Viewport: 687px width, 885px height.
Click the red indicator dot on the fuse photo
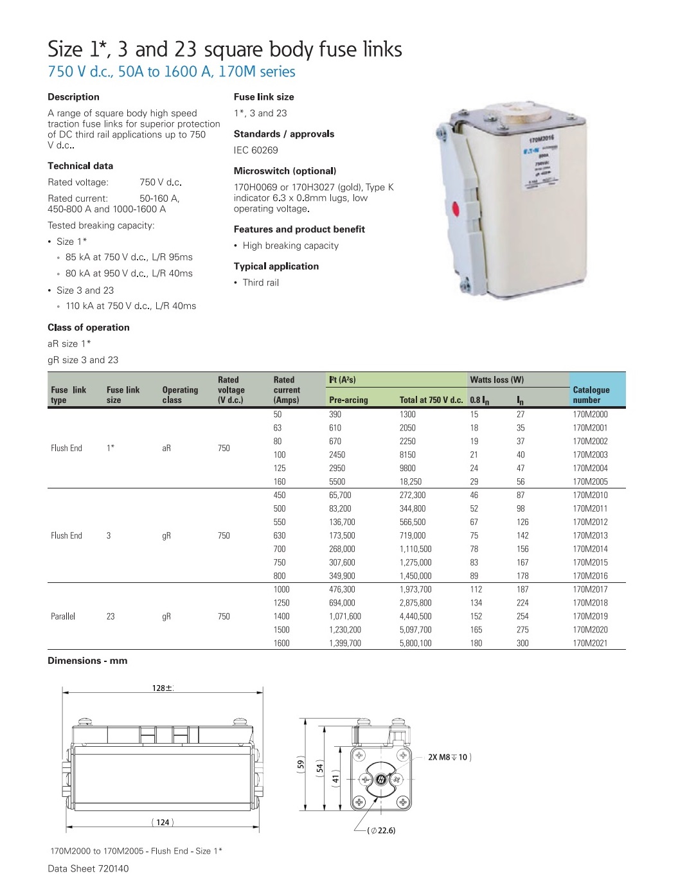456,209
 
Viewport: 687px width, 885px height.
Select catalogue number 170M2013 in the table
589,535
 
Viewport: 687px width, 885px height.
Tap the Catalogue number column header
591,395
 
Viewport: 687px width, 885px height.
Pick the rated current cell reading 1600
281,643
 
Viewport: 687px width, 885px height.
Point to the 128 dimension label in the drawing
162,688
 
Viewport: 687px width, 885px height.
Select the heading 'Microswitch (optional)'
285,171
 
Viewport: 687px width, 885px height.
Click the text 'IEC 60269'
256,150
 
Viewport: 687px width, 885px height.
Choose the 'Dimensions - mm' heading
87,661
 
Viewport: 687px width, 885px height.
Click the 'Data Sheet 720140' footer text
88,868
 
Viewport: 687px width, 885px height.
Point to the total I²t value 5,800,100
415,643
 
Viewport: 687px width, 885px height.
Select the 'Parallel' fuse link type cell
63,616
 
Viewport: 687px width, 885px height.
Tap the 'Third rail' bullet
260,283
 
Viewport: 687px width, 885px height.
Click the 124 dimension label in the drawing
163,822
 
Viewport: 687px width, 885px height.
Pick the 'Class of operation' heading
89,327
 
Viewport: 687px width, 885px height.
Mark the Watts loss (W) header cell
496,380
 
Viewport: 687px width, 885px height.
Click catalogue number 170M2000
589,415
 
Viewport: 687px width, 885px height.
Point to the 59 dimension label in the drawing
300,765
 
